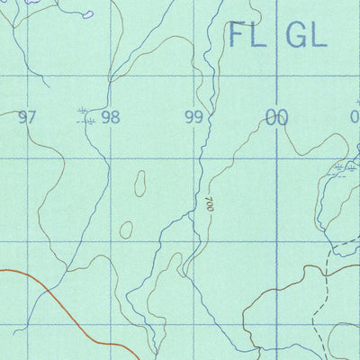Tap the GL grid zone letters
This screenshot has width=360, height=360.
coord(306,35)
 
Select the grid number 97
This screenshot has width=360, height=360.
coord(28,117)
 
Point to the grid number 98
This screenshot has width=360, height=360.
coord(111,117)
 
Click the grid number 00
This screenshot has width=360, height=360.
coord(276,117)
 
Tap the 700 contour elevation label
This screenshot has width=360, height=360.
coord(210,204)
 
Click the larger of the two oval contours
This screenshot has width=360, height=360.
coord(141,184)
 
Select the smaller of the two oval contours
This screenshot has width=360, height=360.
coord(126,229)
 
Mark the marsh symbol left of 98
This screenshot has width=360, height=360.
coord(84,112)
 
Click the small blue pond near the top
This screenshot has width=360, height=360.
coord(86,14)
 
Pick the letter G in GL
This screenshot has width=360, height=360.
coord(296,35)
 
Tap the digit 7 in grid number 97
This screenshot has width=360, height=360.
coord(33,117)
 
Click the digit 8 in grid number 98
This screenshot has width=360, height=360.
coord(115,117)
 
